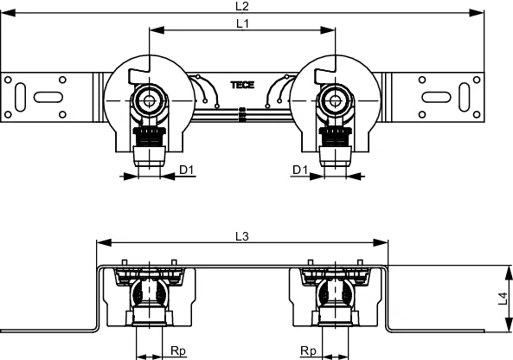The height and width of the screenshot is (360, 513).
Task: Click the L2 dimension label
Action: (x=242, y=6)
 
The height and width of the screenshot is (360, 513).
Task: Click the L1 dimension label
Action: (x=242, y=23)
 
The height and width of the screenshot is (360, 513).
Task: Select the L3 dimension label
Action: (x=242, y=236)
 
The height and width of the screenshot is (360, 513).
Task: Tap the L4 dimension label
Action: (x=503, y=299)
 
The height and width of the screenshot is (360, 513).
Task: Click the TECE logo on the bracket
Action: (x=242, y=85)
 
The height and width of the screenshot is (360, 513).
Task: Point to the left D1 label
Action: (x=187, y=170)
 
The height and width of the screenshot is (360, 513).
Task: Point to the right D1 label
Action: (x=300, y=170)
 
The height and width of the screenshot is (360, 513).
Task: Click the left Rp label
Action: (x=178, y=351)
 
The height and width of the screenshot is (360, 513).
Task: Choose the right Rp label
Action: (x=308, y=351)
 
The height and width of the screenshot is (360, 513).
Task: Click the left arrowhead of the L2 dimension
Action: (x=8, y=13)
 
